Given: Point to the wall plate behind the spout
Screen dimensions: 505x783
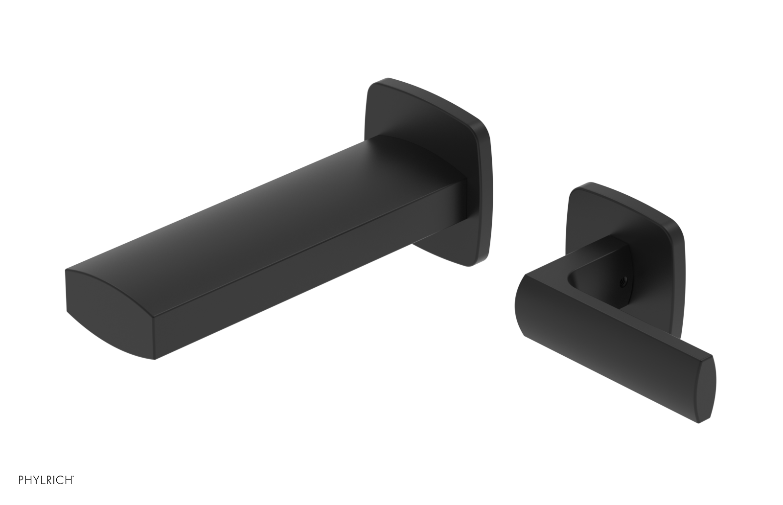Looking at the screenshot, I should tap(431, 113).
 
